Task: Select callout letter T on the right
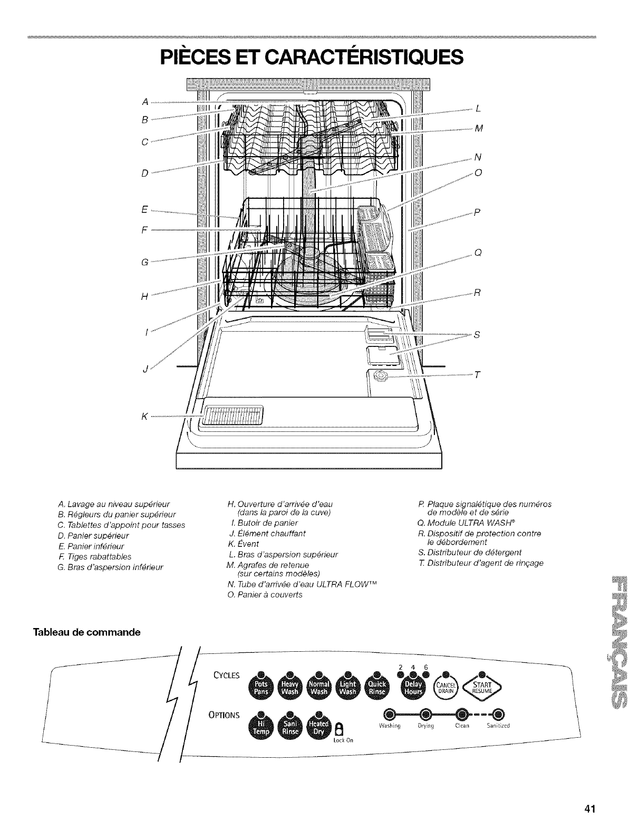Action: [478, 375]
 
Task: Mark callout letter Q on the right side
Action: [478, 252]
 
